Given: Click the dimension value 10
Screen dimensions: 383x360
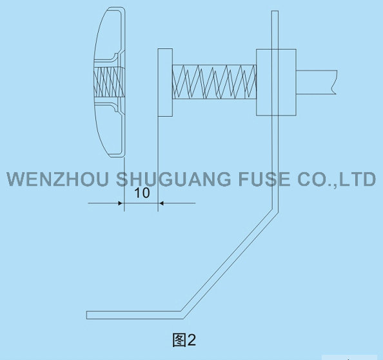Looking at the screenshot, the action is tap(142, 193).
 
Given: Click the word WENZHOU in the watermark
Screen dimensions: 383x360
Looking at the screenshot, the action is tap(57, 179).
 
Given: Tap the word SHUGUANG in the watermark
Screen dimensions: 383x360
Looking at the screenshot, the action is tap(173, 179).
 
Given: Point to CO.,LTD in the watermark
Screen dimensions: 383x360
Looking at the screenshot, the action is tap(337, 179).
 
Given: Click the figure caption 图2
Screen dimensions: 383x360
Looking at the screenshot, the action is tap(184, 340).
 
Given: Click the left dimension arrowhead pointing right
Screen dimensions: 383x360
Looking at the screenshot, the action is tap(120, 203).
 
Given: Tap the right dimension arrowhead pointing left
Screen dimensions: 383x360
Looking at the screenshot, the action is tap(161, 203).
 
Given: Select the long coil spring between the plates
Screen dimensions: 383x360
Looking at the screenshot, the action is tap(215, 82).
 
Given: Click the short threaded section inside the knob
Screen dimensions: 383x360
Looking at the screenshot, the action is tap(109, 82).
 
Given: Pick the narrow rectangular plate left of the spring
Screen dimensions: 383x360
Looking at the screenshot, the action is tap(165, 83).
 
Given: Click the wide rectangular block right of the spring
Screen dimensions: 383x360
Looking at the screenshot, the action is tap(276, 83).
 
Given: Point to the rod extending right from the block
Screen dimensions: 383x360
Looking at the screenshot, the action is tap(317, 82).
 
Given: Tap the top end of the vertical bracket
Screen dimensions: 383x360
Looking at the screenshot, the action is tap(275, 11).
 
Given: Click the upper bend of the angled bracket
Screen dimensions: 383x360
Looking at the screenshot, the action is tap(275, 210).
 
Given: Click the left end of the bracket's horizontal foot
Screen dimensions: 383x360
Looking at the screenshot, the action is tap(87, 315).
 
